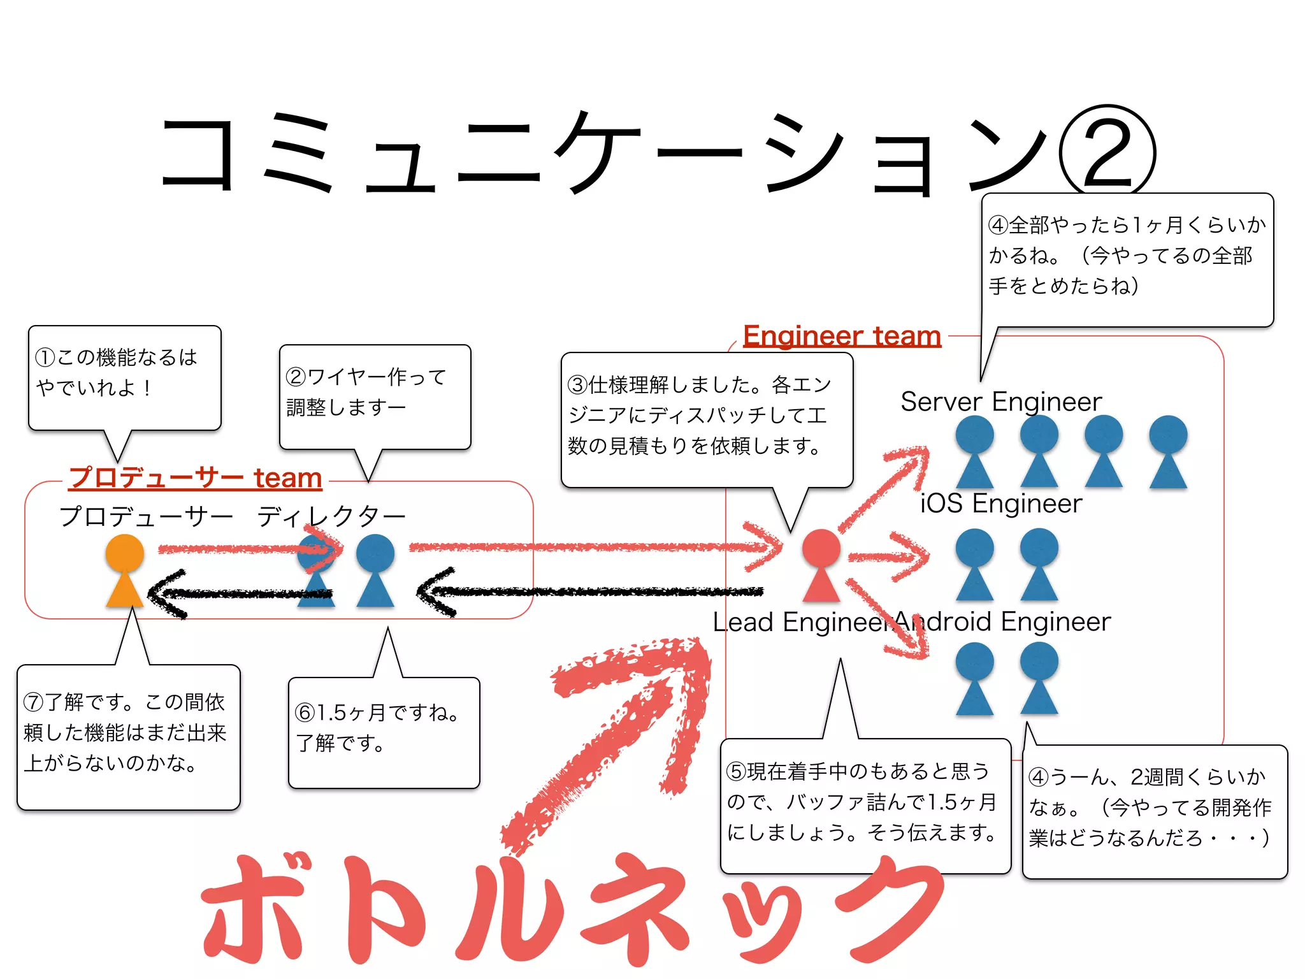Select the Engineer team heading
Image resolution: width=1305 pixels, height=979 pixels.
842,336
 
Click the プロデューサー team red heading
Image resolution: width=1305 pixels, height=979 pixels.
196,477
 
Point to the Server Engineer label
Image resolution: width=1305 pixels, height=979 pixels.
1000,402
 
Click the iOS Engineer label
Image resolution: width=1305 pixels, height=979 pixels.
1000,504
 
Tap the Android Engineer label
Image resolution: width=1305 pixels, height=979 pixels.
1004,621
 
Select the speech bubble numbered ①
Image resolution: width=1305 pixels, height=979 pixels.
124,378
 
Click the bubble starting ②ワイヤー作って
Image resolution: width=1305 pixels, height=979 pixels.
375,397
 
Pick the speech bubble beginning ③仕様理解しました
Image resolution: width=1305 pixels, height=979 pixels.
706,419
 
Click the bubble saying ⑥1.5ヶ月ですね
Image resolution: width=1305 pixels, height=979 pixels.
384,733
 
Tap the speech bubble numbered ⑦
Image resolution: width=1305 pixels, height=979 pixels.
128,737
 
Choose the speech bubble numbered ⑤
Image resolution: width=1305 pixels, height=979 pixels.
865,806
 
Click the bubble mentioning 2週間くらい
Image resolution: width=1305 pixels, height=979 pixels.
1154,811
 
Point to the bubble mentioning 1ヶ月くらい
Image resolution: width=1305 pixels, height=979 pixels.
1127,259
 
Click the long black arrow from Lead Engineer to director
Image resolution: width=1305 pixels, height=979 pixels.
593,592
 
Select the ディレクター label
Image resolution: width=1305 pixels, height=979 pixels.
331,516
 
